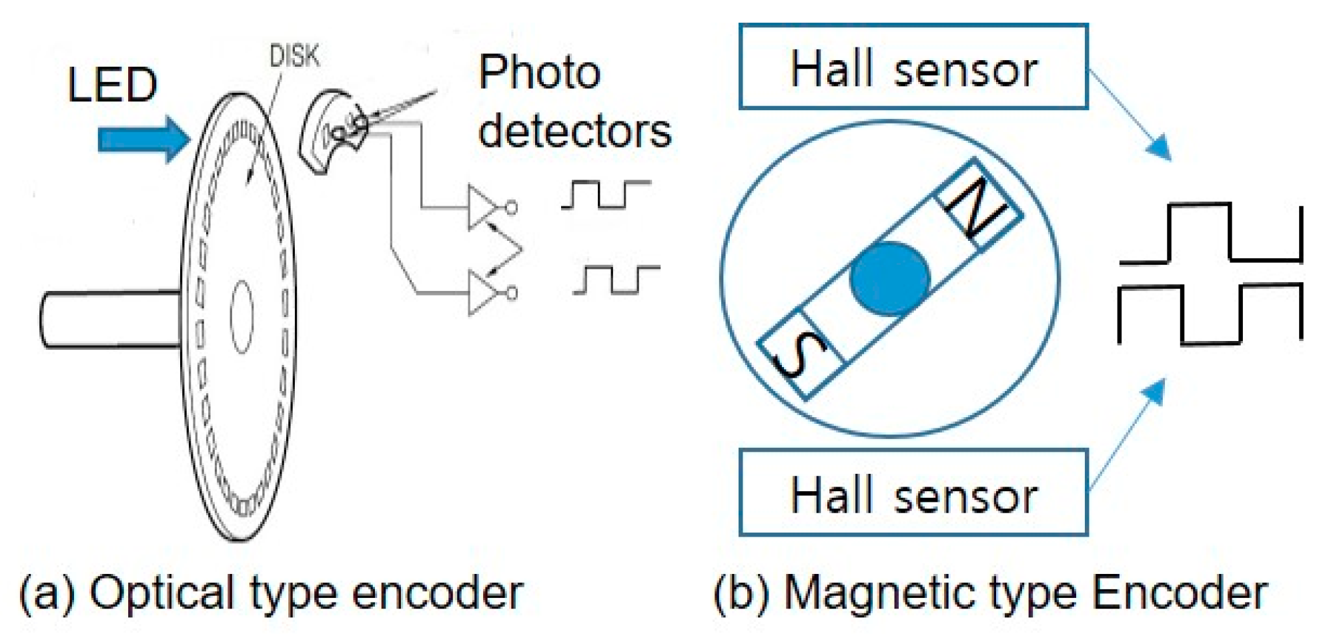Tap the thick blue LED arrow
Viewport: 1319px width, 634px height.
[x=143, y=139]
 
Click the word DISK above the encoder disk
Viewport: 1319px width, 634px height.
[x=294, y=56]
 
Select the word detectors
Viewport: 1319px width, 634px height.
[x=574, y=131]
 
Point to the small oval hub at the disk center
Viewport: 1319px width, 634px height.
[x=242, y=316]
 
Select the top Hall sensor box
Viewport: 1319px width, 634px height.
[x=913, y=67]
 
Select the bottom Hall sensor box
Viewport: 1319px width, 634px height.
[x=913, y=493]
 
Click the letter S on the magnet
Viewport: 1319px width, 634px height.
[x=799, y=354]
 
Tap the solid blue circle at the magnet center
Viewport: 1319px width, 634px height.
[x=889, y=278]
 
